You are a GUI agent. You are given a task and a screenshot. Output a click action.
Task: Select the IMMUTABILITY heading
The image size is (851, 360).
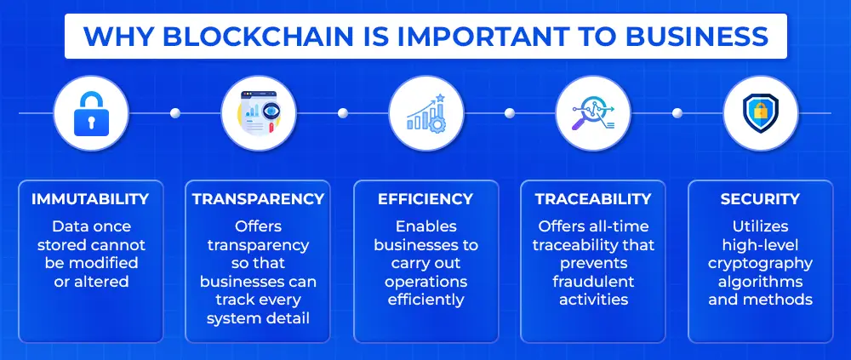click(x=90, y=199)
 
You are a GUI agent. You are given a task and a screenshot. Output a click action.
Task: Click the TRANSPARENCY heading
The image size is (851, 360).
click(x=258, y=199)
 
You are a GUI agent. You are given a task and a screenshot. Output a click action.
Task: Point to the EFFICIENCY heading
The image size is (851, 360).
click(x=425, y=199)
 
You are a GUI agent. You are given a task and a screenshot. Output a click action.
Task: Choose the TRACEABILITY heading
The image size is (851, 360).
click(x=592, y=199)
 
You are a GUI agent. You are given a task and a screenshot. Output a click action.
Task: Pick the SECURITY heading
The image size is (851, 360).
click(x=760, y=199)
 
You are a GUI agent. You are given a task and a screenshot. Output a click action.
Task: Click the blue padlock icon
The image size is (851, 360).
click(x=91, y=113)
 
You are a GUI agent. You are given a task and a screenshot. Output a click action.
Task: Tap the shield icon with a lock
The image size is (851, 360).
click(x=760, y=113)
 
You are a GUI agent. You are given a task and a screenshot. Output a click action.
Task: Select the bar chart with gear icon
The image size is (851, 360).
click(x=426, y=113)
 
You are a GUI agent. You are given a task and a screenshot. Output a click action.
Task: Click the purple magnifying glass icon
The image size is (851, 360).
click(x=592, y=113)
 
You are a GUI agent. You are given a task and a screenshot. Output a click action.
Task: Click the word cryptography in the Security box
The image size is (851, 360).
click(x=760, y=263)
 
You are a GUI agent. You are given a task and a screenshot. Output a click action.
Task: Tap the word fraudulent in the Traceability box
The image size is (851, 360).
click(x=593, y=281)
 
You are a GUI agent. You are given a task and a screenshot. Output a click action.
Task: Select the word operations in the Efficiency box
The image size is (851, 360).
click(x=426, y=281)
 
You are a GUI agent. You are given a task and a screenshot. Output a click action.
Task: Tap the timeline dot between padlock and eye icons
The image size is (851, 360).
click(x=174, y=113)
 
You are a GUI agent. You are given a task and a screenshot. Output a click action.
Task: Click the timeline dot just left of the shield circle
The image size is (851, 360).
click(x=677, y=113)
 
